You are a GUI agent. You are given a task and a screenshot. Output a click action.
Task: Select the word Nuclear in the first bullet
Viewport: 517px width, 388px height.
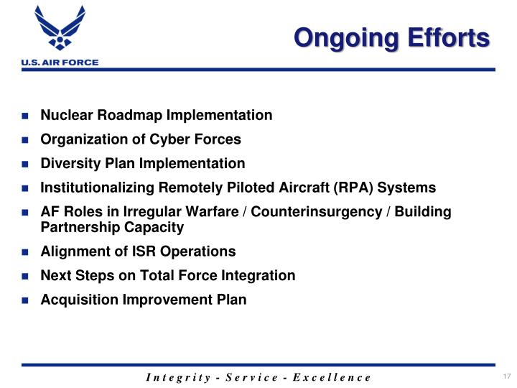66,115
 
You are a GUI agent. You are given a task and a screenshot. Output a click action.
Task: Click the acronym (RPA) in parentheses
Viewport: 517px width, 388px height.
345,188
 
